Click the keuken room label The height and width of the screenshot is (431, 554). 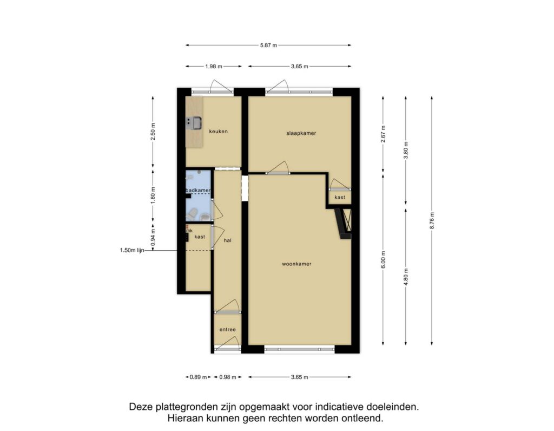click(x=219, y=131)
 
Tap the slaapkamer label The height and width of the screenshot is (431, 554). click(x=301, y=133)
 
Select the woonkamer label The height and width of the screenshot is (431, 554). click(x=297, y=264)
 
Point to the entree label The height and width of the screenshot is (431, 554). click(x=228, y=330)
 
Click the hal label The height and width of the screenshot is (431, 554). click(x=228, y=240)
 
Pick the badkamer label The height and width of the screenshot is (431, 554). click(x=198, y=190)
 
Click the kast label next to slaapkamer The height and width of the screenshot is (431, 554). click(x=340, y=197)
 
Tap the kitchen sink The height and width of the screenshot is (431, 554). click(x=194, y=123)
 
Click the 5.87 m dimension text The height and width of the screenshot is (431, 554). click(x=268, y=45)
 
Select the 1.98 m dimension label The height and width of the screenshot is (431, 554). click(x=214, y=66)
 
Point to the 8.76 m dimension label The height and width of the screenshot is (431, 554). click(x=432, y=220)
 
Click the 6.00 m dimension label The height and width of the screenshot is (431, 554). click(x=384, y=259)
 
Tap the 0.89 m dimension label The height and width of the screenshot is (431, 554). click(x=198, y=377)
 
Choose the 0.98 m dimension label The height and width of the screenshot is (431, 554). click(x=228, y=377)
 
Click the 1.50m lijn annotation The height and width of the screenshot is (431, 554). click(x=132, y=250)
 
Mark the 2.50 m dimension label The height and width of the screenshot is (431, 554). click(x=153, y=132)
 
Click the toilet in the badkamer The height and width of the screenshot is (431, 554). click(x=193, y=213)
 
